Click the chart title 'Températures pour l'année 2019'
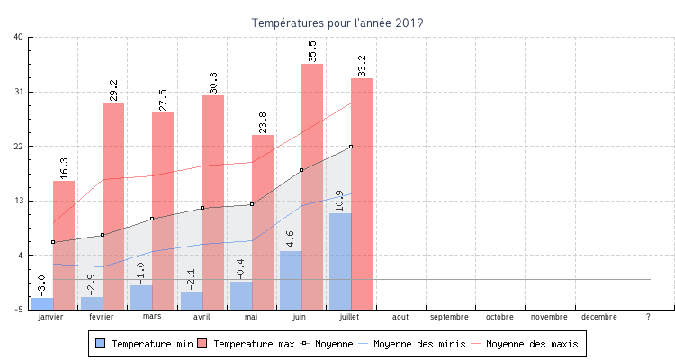pos(337,22)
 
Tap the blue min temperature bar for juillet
pos(340,261)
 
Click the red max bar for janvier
pos(64,243)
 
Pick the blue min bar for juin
pos(291,280)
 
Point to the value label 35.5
pos(312,51)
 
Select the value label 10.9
pos(339,201)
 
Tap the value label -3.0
pos(41,285)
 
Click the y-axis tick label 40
pos(19,37)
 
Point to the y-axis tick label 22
pos(19,146)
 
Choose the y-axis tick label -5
pos(19,310)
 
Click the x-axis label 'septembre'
pos(449,317)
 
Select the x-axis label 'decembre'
pos(599,317)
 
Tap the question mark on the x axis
pos(649,317)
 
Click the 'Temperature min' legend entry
pos(144,344)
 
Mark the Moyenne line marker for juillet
pos(351,147)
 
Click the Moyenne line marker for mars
pos(152,219)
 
